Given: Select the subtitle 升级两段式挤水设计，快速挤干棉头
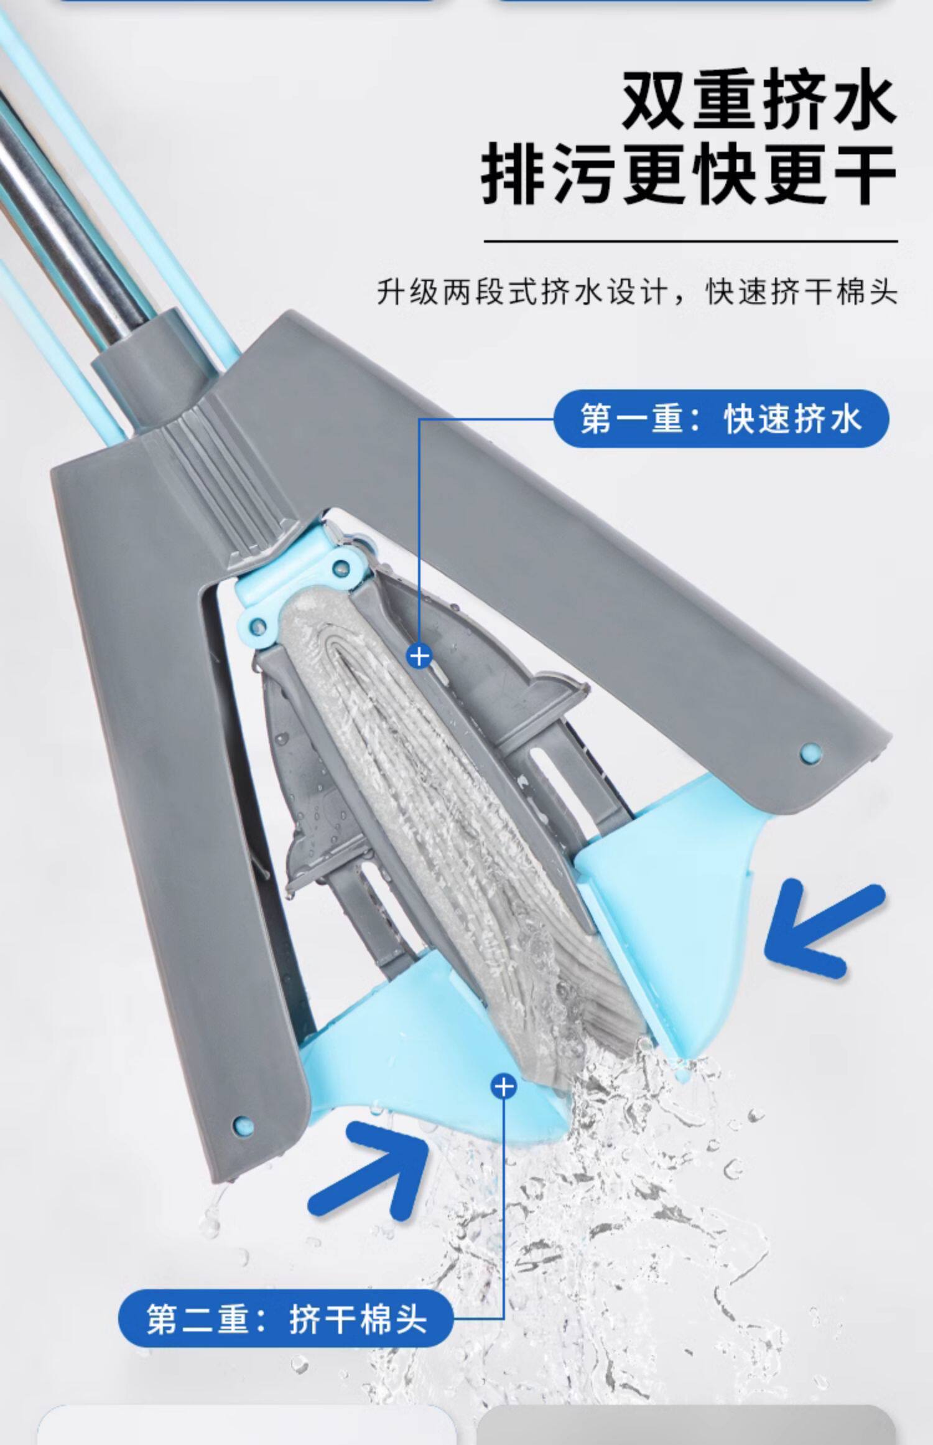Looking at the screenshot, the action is pos(637,292).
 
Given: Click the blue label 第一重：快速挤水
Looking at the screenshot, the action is pos(721,418).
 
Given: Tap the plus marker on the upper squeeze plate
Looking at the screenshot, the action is pos(419,655).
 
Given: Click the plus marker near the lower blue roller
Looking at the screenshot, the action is pos(503,1086).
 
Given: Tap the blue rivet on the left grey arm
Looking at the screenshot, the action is pos(243,1125).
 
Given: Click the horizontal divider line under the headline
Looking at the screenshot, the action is pos(690,240).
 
